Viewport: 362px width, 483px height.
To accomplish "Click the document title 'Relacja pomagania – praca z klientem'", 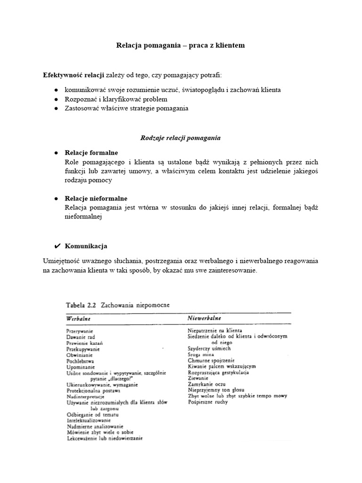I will click(x=181, y=46).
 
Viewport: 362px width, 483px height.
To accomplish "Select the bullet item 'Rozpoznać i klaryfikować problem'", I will click(x=116, y=99).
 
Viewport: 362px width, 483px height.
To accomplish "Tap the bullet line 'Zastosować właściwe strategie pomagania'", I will click(x=126, y=108).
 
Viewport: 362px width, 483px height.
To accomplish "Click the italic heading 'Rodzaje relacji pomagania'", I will click(x=181, y=138).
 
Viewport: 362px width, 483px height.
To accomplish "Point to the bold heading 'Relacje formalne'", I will click(x=91, y=153).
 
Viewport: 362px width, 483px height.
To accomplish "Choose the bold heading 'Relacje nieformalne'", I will click(x=96, y=199).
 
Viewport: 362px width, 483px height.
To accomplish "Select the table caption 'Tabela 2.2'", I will click(x=82, y=305).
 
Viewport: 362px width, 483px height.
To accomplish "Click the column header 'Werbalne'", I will click(x=78, y=319).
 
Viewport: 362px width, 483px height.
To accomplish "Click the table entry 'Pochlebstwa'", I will click(x=81, y=361).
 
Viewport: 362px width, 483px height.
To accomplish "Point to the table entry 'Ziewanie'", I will click(x=198, y=378).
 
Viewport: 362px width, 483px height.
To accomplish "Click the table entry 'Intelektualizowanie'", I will click(x=89, y=420).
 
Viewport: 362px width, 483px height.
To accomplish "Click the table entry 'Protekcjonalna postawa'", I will click(x=93, y=391).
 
